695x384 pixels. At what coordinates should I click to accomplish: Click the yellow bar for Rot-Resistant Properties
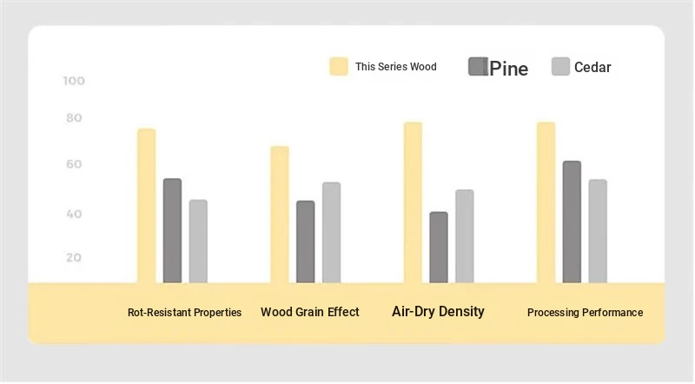click(x=146, y=206)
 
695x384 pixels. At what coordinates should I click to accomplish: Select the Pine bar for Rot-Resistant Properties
click(x=172, y=230)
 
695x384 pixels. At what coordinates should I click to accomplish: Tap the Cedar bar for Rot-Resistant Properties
click(x=198, y=242)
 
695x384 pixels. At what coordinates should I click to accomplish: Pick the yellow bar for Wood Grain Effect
click(x=280, y=215)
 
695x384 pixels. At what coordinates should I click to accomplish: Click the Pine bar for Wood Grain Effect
click(x=306, y=242)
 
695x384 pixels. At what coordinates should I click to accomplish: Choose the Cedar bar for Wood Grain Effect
click(x=332, y=232)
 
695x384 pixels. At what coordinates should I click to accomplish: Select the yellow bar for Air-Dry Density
click(x=413, y=202)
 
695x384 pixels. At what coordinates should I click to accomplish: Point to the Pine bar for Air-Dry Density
click(x=439, y=248)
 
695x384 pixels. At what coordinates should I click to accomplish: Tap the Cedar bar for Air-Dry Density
click(x=465, y=236)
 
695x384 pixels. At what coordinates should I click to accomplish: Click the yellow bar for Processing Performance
click(x=546, y=202)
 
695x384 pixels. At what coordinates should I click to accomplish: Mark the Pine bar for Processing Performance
click(x=572, y=222)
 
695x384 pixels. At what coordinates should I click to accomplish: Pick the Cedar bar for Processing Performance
click(x=598, y=231)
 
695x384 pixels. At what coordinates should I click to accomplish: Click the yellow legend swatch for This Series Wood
click(x=339, y=67)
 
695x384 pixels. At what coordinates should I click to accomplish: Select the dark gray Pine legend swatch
click(x=478, y=67)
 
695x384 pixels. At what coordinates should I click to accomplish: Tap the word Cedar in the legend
click(x=592, y=68)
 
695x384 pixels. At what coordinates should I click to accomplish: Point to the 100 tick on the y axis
click(x=74, y=81)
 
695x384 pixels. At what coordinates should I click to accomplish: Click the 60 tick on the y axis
click(x=74, y=164)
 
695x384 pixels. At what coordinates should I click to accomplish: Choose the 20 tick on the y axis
click(x=74, y=258)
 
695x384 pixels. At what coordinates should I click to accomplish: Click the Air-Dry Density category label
click(x=438, y=312)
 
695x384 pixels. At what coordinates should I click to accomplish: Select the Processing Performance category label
click(x=585, y=313)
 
